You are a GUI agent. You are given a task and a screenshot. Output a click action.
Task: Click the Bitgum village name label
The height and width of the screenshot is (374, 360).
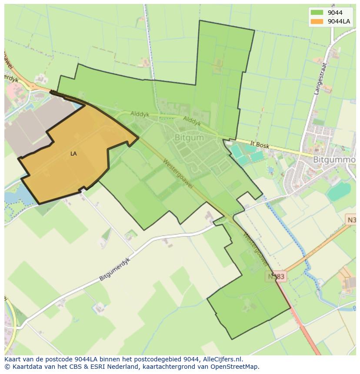[189, 137]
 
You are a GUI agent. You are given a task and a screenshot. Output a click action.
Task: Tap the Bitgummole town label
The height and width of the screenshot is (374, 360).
[334, 160]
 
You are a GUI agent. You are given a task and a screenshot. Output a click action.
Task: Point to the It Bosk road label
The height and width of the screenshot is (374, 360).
[260, 144]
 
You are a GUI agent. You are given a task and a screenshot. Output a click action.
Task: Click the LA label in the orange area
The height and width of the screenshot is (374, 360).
[73, 154]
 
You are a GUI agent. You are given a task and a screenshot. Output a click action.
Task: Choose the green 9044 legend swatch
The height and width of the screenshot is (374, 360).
[317, 13]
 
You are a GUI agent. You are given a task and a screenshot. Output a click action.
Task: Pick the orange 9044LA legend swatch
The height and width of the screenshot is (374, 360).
[317, 21]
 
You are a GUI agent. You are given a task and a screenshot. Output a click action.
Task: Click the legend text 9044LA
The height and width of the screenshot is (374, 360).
[339, 21]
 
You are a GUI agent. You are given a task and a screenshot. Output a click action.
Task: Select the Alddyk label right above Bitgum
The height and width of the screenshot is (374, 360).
[192, 120]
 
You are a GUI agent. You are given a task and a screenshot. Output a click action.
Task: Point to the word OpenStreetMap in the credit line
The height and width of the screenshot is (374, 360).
[235, 367]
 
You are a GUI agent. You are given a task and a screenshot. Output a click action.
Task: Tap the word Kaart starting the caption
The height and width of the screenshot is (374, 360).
[13, 359]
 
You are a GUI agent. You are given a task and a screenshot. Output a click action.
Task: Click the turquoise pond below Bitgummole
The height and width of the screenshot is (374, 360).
[339, 192]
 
